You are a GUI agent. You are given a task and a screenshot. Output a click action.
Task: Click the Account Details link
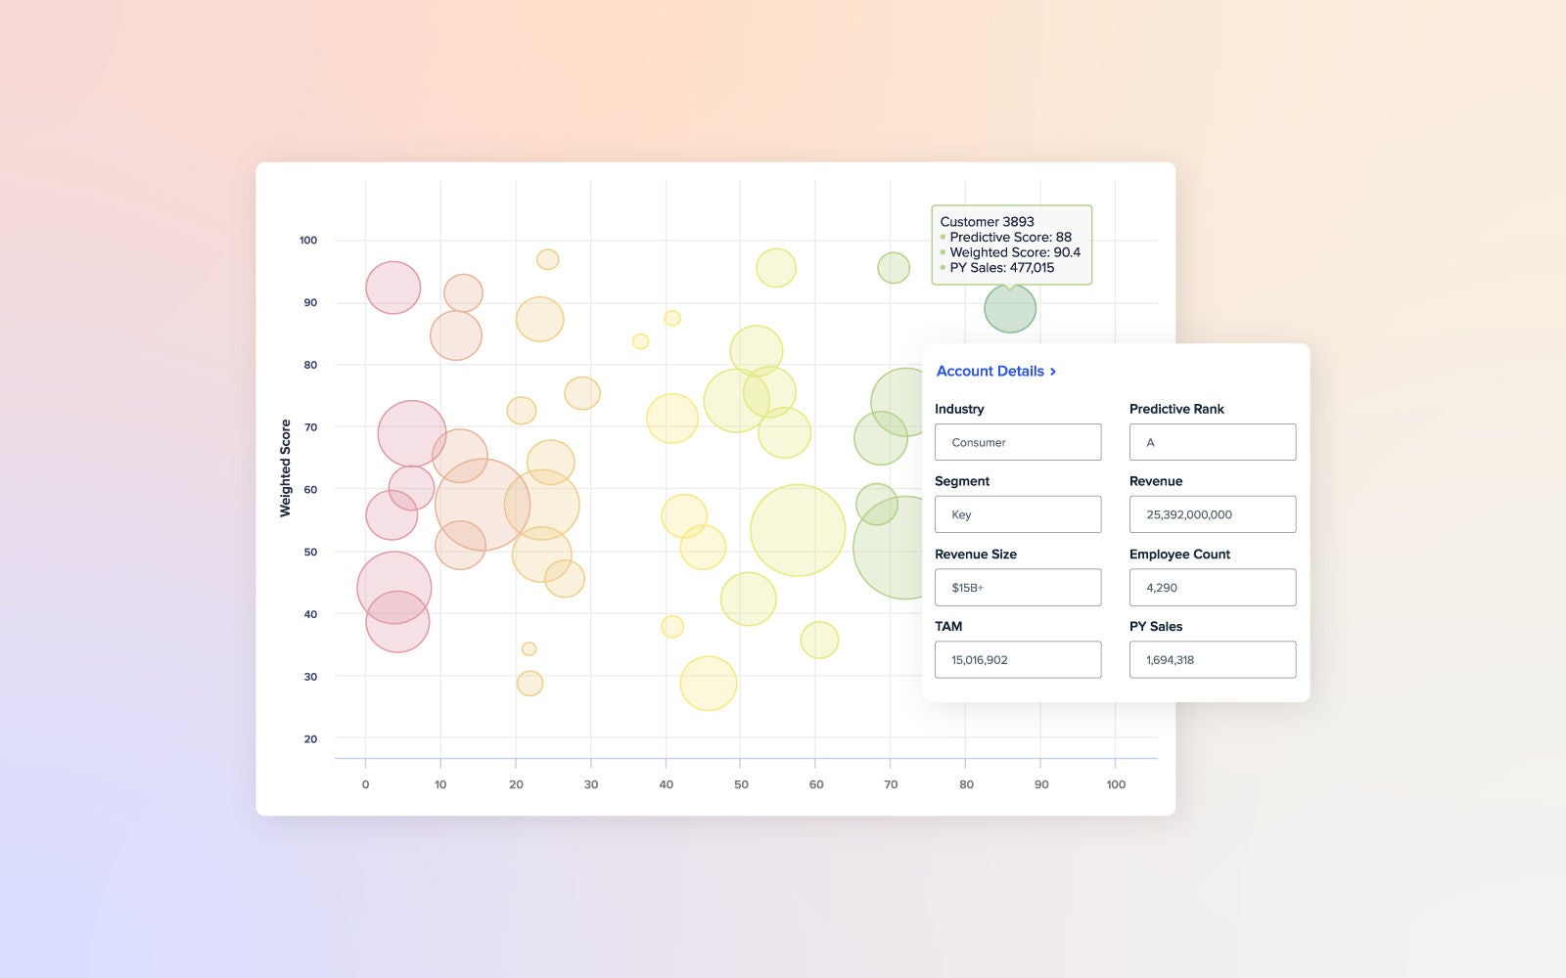coord(990,372)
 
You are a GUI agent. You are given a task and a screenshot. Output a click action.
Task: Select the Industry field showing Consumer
coord(1017,442)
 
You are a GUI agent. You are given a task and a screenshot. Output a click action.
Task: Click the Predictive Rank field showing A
coord(1212,442)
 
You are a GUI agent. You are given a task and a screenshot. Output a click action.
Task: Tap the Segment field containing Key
coord(1017,514)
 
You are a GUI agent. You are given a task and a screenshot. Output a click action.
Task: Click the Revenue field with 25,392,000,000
coord(1212,514)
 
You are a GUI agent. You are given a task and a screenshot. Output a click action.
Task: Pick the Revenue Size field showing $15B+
coord(1017,588)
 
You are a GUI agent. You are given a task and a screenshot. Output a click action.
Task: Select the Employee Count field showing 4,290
coord(1212,588)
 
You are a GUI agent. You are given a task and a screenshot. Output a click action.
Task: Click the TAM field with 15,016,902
coord(1017,660)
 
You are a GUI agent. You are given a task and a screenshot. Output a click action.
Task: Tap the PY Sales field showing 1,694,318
coord(1212,660)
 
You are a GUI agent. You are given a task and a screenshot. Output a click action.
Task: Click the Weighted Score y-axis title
coord(286,467)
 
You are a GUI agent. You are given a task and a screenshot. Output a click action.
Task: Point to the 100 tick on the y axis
coord(308,241)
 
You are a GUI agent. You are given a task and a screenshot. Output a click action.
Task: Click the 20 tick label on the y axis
coord(310,739)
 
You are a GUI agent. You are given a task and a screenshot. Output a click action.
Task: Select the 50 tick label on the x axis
coord(741,784)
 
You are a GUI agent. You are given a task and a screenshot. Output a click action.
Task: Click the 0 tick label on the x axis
coord(365,784)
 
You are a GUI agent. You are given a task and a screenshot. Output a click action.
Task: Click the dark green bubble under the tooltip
coord(1010,309)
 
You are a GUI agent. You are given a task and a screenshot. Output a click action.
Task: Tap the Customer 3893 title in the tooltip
coord(987,222)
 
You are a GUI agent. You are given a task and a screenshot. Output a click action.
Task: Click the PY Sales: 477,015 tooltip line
coord(1001,268)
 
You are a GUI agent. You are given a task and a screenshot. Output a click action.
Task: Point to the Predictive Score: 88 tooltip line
coord(1010,238)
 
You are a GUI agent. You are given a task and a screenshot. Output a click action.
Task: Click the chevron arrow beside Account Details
coord(1053,372)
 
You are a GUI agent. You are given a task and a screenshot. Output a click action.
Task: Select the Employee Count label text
coord(1179,555)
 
